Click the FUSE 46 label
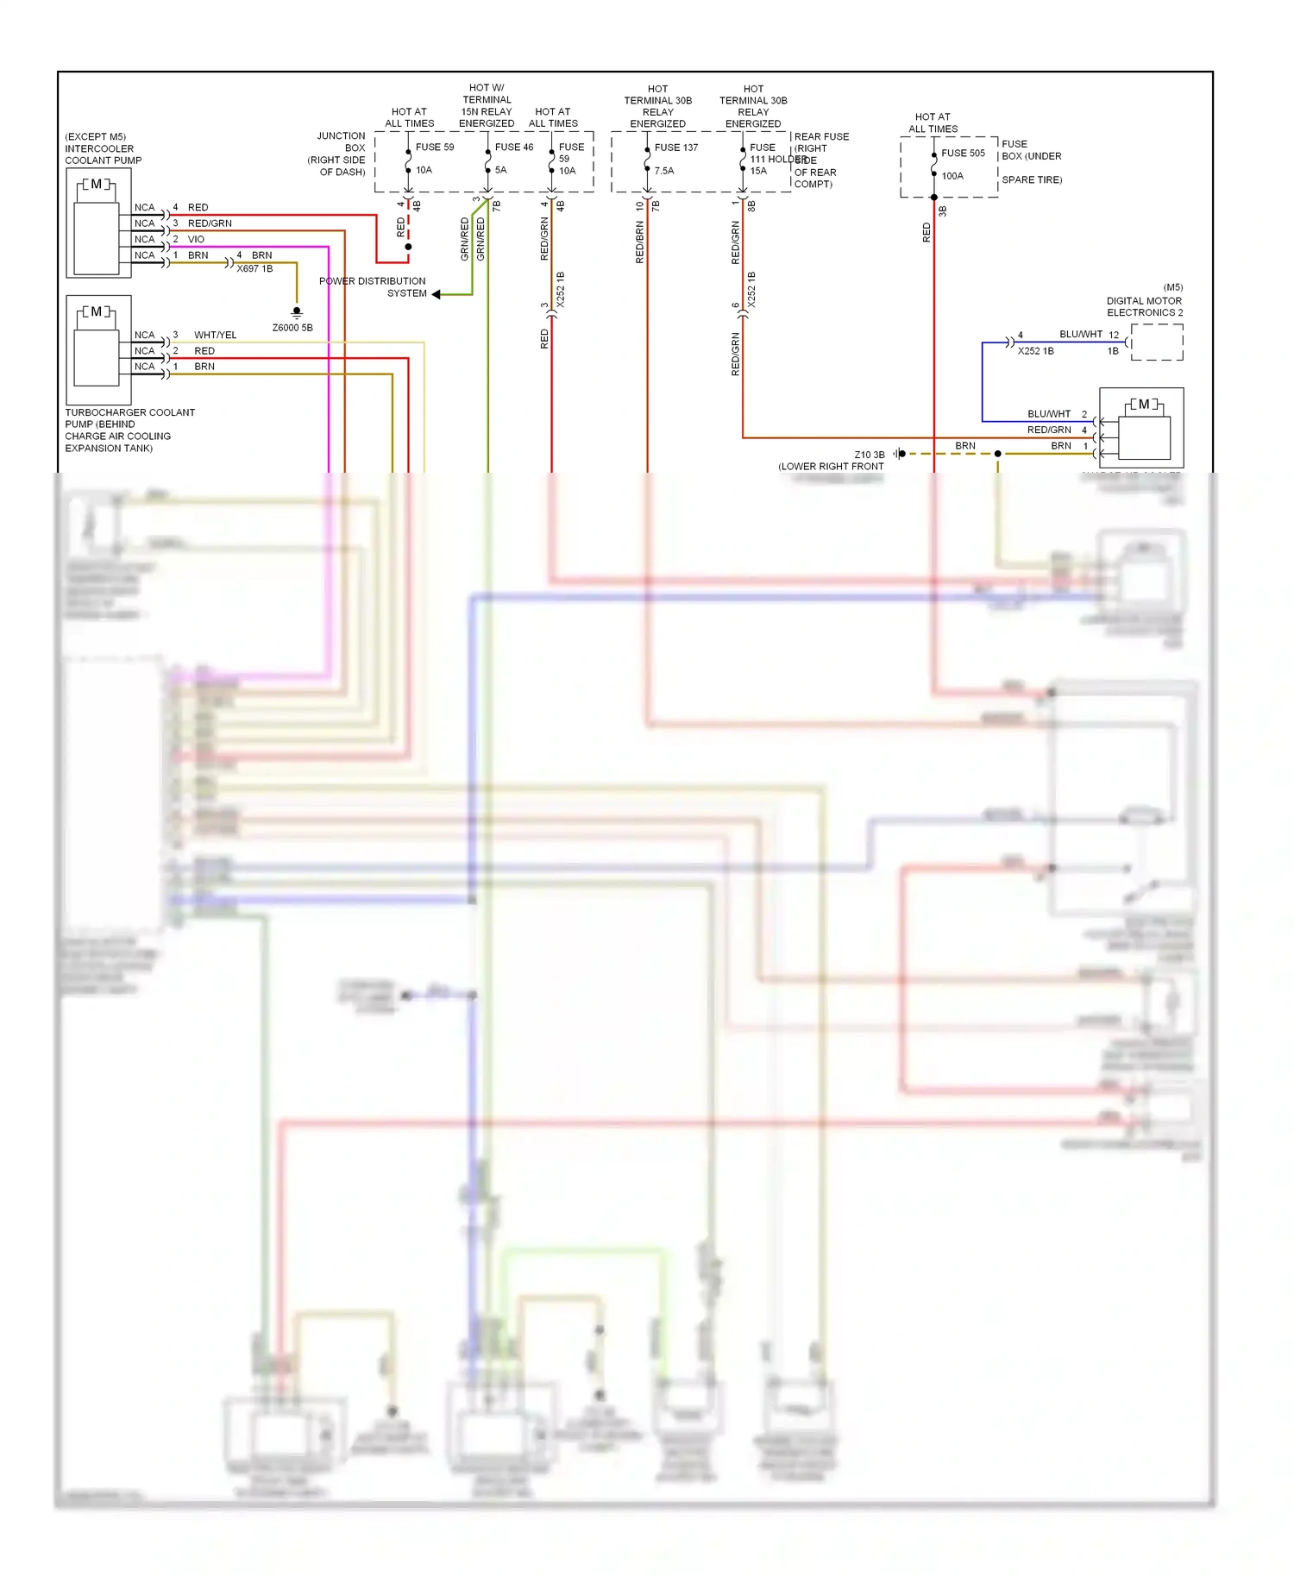pyautogui.click(x=513, y=147)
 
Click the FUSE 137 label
pyautogui.click(x=675, y=148)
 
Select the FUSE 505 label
pyautogui.click(x=963, y=153)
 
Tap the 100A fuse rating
pyautogui.click(x=952, y=176)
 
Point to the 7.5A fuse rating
pyautogui.click(x=663, y=171)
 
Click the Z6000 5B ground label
pyautogui.click(x=292, y=328)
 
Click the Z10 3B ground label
pyautogui.click(x=869, y=455)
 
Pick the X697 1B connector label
pyautogui.click(x=254, y=268)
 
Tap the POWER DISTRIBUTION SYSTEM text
pyautogui.click(x=373, y=287)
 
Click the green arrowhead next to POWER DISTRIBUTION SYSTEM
pyautogui.click(x=437, y=294)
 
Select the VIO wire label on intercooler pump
pyautogui.click(x=196, y=239)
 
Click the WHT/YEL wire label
pyautogui.click(x=215, y=335)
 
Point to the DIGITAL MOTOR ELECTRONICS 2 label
pyautogui.click(x=1144, y=306)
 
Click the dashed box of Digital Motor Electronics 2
pyautogui.click(x=1157, y=342)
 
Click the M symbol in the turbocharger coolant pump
pyautogui.click(x=97, y=311)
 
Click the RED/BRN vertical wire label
pyautogui.click(x=639, y=242)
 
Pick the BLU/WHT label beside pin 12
pyautogui.click(x=1080, y=334)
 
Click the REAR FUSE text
pyautogui.click(x=821, y=136)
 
